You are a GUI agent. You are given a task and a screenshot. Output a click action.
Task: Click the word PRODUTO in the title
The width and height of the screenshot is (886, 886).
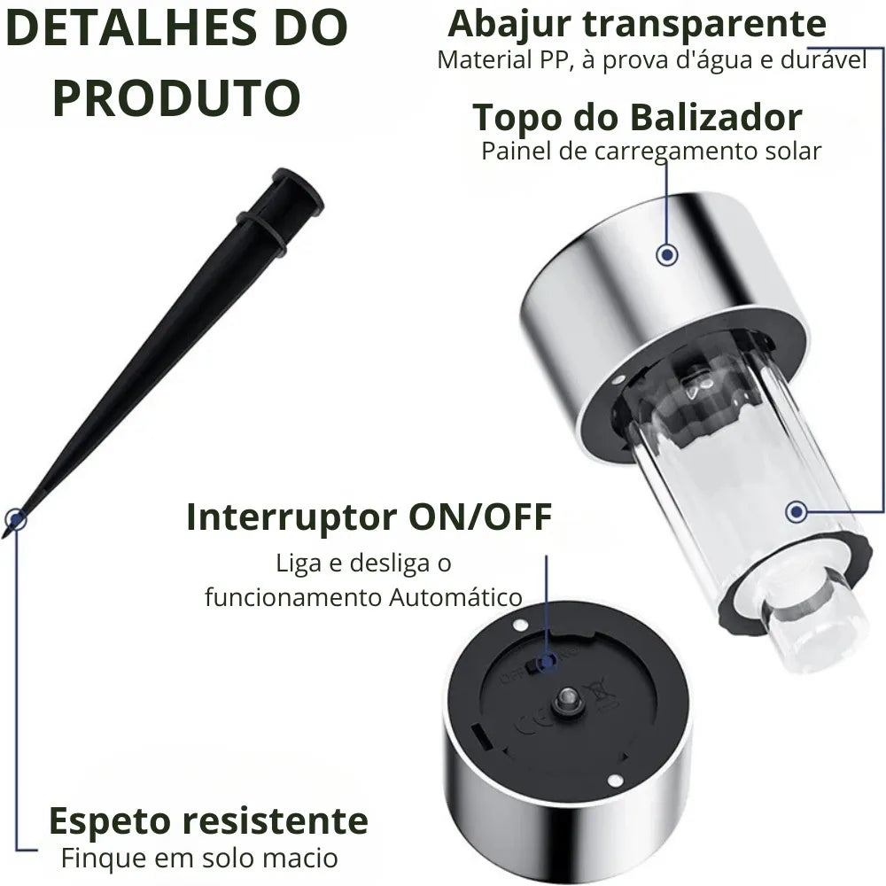(x=176, y=98)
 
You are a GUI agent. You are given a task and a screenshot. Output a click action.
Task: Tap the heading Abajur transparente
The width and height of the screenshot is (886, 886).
(x=636, y=24)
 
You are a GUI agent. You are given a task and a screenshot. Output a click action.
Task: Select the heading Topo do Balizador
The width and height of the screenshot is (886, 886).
(x=637, y=117)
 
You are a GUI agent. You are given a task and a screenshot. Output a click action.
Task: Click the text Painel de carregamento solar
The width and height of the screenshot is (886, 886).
(x=651, y=151)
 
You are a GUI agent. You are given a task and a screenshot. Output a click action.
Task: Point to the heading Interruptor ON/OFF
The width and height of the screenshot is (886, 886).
(x=369, y=517)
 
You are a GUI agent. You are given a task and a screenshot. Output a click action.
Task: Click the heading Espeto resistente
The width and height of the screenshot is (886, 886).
(x=207, y=820)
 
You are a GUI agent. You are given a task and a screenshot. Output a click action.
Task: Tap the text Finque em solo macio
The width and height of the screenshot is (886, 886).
(x=199, y=858)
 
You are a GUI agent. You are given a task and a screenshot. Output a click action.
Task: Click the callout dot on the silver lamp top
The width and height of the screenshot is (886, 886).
(x=667, y=255)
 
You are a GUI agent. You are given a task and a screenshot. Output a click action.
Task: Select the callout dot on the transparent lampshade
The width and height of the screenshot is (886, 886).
(x=797, y=511)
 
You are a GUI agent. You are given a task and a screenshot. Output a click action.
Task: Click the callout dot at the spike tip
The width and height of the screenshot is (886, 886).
(x=15, y=519)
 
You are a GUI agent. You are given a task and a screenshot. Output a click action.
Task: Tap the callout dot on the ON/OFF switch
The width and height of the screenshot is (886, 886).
(x=548, y=660)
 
